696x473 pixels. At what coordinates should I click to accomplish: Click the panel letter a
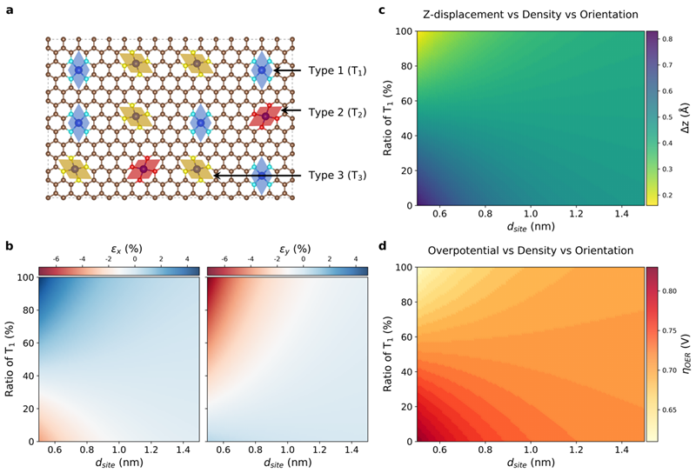point(9,11)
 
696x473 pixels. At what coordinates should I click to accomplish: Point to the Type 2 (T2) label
point(338,112)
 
